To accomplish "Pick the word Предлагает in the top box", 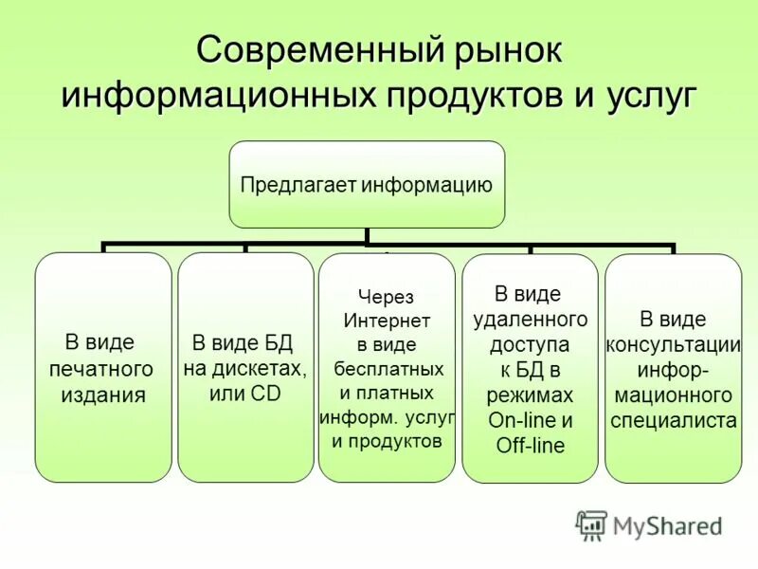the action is pos(298,184).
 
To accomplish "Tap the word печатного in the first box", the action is pos(101,368).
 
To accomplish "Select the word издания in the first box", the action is pos(103,395).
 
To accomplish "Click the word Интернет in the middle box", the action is pos(387,321).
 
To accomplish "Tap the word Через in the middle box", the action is pos(386,297).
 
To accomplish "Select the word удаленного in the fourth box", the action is pos(530,319).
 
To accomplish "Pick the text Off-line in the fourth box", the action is pos(530,446).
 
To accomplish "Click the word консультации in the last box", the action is pos(673,343).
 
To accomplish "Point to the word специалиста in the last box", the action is pos(673,420).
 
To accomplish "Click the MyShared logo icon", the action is pos(591,524).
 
